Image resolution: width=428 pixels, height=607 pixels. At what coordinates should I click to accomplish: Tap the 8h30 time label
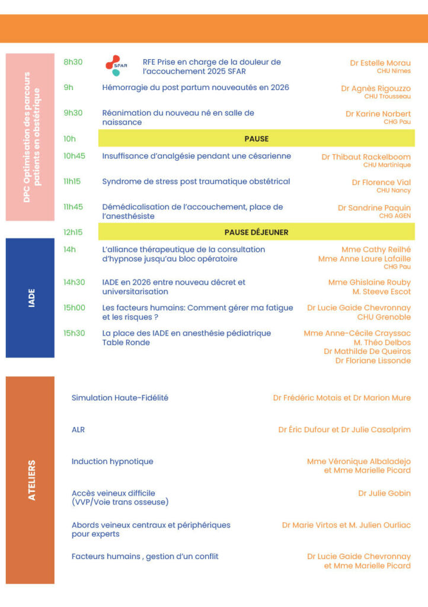(x=73, y=62)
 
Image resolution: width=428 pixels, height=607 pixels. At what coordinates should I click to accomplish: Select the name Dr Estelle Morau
(x=380, y=63)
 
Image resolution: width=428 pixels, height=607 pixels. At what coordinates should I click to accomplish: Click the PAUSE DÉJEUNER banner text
(x=256, y=232)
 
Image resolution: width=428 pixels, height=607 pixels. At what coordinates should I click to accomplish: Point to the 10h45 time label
(x=74, y=156)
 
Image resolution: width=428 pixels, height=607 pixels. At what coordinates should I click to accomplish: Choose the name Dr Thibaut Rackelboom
(x=366, y=157)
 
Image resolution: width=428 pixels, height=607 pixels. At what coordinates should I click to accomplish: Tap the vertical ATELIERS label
(x=31, y=480)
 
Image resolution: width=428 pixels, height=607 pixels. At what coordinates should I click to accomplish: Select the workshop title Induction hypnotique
(x=112, y=461)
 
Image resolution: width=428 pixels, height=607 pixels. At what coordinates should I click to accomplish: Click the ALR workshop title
(x=78, y=429)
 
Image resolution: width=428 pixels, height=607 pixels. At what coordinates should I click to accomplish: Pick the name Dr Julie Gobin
(x=384, y=493)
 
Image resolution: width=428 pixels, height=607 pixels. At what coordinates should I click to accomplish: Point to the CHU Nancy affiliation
(x=393, y=191)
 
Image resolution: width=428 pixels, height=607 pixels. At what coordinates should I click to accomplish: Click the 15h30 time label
(x=74, y=333)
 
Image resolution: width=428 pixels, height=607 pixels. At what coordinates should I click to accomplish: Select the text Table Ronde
(x=126, y=343)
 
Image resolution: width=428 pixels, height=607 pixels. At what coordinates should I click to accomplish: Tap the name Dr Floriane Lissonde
(x=373, y=360)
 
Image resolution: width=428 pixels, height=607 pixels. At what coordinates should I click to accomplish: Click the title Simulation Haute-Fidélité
(x=120, y=398)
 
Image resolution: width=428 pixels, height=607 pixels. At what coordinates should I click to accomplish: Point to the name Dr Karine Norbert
(x=378, y=113)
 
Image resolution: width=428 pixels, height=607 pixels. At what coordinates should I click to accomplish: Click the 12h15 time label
(x=73, y=232)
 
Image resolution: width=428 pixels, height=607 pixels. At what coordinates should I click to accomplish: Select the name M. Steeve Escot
(x=382, y=292)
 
